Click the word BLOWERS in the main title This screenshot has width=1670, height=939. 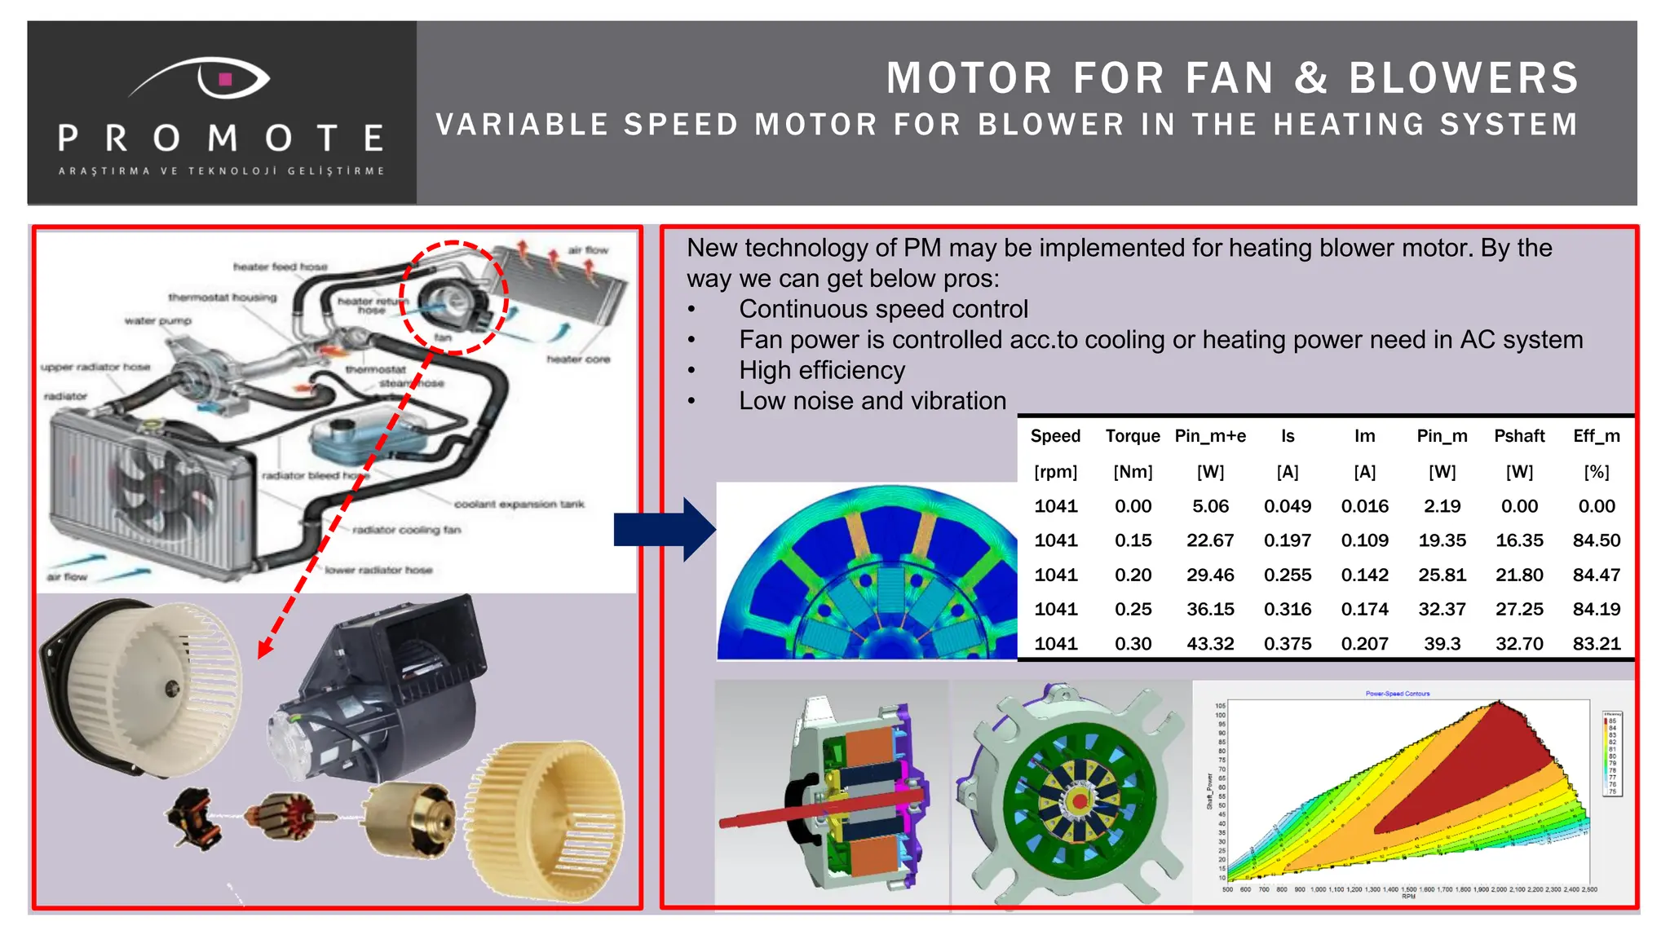click(1464, 79)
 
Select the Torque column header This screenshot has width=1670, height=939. click(1133, 436)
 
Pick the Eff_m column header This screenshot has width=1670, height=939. click(1596, 436)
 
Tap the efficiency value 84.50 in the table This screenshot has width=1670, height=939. click(1596, 540)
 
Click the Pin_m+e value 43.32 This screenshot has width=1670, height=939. click(1210, 644)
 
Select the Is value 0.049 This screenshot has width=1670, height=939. click(1288, 506)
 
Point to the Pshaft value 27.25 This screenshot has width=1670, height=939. click(1519, 609)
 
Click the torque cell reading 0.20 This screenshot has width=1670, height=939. click(1133, 575)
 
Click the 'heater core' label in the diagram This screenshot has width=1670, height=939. click(578, 359)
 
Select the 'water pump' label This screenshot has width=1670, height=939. click(158, 321)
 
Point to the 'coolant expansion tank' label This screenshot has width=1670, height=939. click(519, 505)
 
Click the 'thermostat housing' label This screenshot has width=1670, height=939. click(223, 298)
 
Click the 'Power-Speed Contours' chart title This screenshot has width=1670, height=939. click(1398, 694)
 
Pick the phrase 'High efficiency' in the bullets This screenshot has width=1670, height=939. click(822, 371)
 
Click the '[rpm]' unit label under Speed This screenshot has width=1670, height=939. click(1055, 472)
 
